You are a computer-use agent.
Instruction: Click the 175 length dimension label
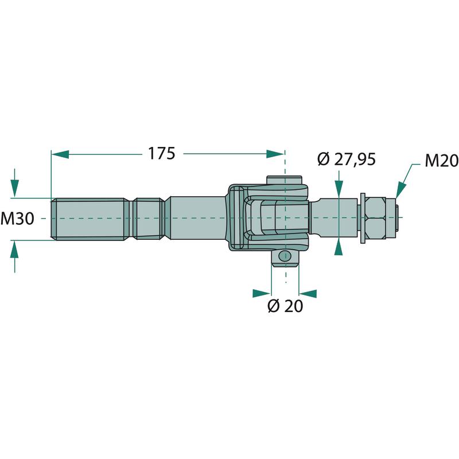(162, 153)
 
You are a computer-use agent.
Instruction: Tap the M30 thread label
(17, 219)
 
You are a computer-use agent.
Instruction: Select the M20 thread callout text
(442, 161)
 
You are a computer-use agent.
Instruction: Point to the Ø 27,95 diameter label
(347, 160)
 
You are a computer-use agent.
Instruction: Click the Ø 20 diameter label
(285, 306)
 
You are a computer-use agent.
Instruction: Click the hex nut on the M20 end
(375, 218)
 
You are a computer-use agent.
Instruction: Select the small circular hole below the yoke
(285, 256)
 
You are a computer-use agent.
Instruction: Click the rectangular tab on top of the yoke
(284, 180)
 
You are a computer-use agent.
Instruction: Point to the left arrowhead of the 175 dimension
(60, 154)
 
